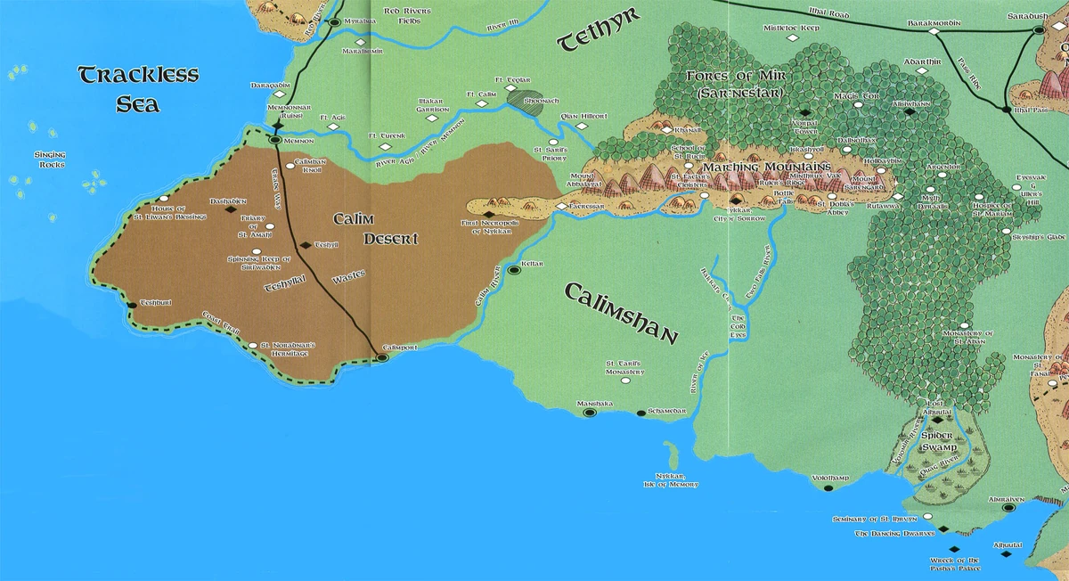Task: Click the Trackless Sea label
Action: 137,89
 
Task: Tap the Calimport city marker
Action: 382,357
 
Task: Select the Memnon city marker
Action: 275,140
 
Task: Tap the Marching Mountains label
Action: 767,167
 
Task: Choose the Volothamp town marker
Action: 828,488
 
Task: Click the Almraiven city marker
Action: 1009,509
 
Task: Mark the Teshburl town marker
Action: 132,305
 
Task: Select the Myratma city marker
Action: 334,22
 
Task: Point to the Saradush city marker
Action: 1039,30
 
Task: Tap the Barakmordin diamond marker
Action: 934,32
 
